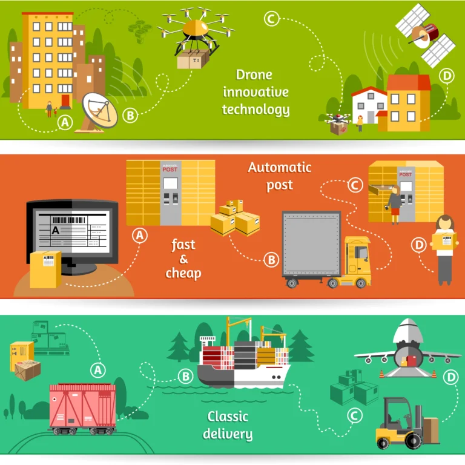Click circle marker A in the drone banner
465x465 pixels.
click(x=65, y=123)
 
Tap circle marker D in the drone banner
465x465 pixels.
click(x=446, y=76)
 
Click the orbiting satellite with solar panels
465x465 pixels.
click(x=425, y=35)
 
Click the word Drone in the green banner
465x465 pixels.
click(x=254, y=75)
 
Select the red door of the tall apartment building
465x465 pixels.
click(x=65, y=100)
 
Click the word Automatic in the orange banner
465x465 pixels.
click(x=280, y=167)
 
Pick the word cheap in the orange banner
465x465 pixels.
click(x=183, y=273)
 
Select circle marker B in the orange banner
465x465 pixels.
click(x=271, y=260)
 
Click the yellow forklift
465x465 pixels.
click(x=400, y=423)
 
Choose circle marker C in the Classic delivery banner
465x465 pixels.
click(x=354, y=415)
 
